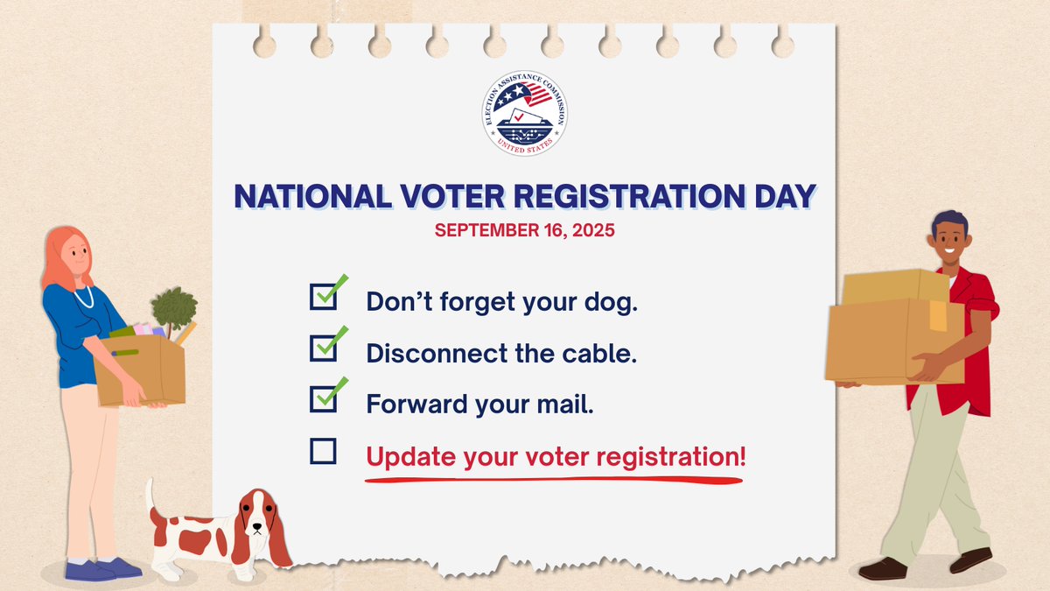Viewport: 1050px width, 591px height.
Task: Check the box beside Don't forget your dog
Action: click(324, 297)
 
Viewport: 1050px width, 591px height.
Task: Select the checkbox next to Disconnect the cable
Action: click(324, 348)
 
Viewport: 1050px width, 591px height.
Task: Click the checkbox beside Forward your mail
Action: click(324, 399)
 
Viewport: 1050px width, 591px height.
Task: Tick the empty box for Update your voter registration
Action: click(324, 451)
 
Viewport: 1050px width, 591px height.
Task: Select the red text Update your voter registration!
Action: click(556, 456)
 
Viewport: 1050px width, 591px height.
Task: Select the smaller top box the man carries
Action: click(894, 287)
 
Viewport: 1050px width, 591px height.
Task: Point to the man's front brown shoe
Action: click(882, 569)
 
